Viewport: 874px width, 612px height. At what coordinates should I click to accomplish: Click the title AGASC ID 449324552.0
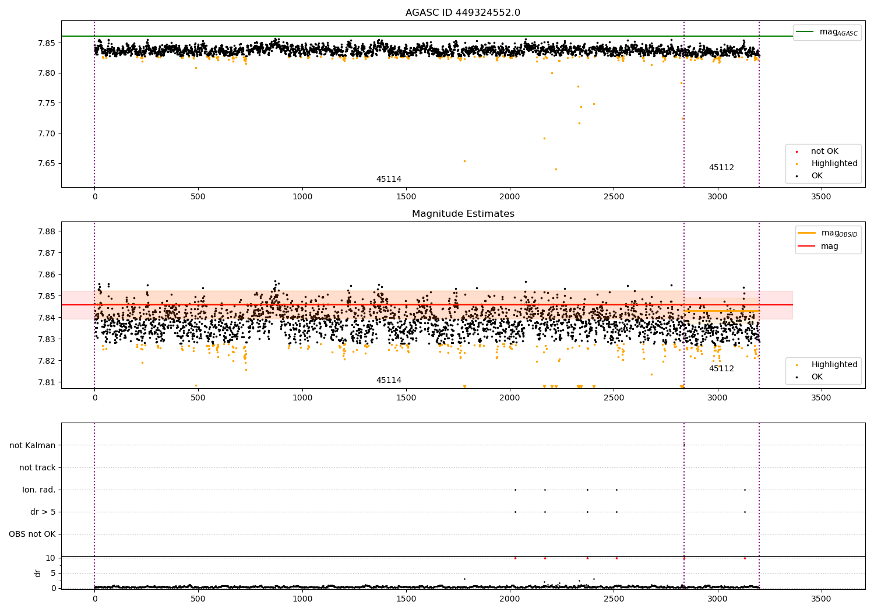pyautogui.click(x=463, y=12)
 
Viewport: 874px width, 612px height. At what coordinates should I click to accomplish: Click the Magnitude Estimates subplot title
pyautogui.click(x=463, y=213)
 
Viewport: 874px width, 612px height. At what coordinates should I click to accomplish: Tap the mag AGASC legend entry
pyautogui.click(x=827, y=32)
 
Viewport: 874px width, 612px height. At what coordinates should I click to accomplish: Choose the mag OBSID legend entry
pyautogui.click(x=827, y=233)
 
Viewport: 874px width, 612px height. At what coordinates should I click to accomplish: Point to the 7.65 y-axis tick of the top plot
pyautogui.click(x=47, y=164)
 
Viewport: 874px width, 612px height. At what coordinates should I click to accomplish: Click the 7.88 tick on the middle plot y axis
pyautogui.click(x=47, y=231)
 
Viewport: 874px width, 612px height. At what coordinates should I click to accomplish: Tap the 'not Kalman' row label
pyautogui.click(x=33, y=445)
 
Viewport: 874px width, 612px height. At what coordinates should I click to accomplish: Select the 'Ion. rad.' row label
pyautogui.click(x=38, y=490)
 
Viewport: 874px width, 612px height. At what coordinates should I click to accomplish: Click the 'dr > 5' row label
pyautogui.click(x=43, y=512)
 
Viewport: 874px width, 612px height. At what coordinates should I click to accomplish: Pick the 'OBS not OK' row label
pyautogui.click(x=32, y=534)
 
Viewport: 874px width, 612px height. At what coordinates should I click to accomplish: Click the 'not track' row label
pyautogui.click(x=37, y=467)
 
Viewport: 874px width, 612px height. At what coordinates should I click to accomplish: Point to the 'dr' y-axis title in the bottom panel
pyautogui.click(x=37, y=574)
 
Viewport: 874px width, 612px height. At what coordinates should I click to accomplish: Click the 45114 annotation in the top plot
pyautogui.click(x=389, y=179)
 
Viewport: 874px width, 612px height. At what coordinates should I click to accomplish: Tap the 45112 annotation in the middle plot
pyautogui.click(x=721, y=368)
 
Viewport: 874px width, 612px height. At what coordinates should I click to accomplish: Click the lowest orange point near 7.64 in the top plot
pyautogui.click(x=556, y=170)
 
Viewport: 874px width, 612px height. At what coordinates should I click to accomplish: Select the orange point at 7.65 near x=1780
pyautogui.click(x=464, y=161)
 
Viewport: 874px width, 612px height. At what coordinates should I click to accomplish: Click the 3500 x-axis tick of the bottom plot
pyautogui.click(x=821, y=599)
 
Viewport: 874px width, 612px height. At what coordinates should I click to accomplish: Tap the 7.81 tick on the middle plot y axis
pyautogui.click(x=47, y=382)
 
